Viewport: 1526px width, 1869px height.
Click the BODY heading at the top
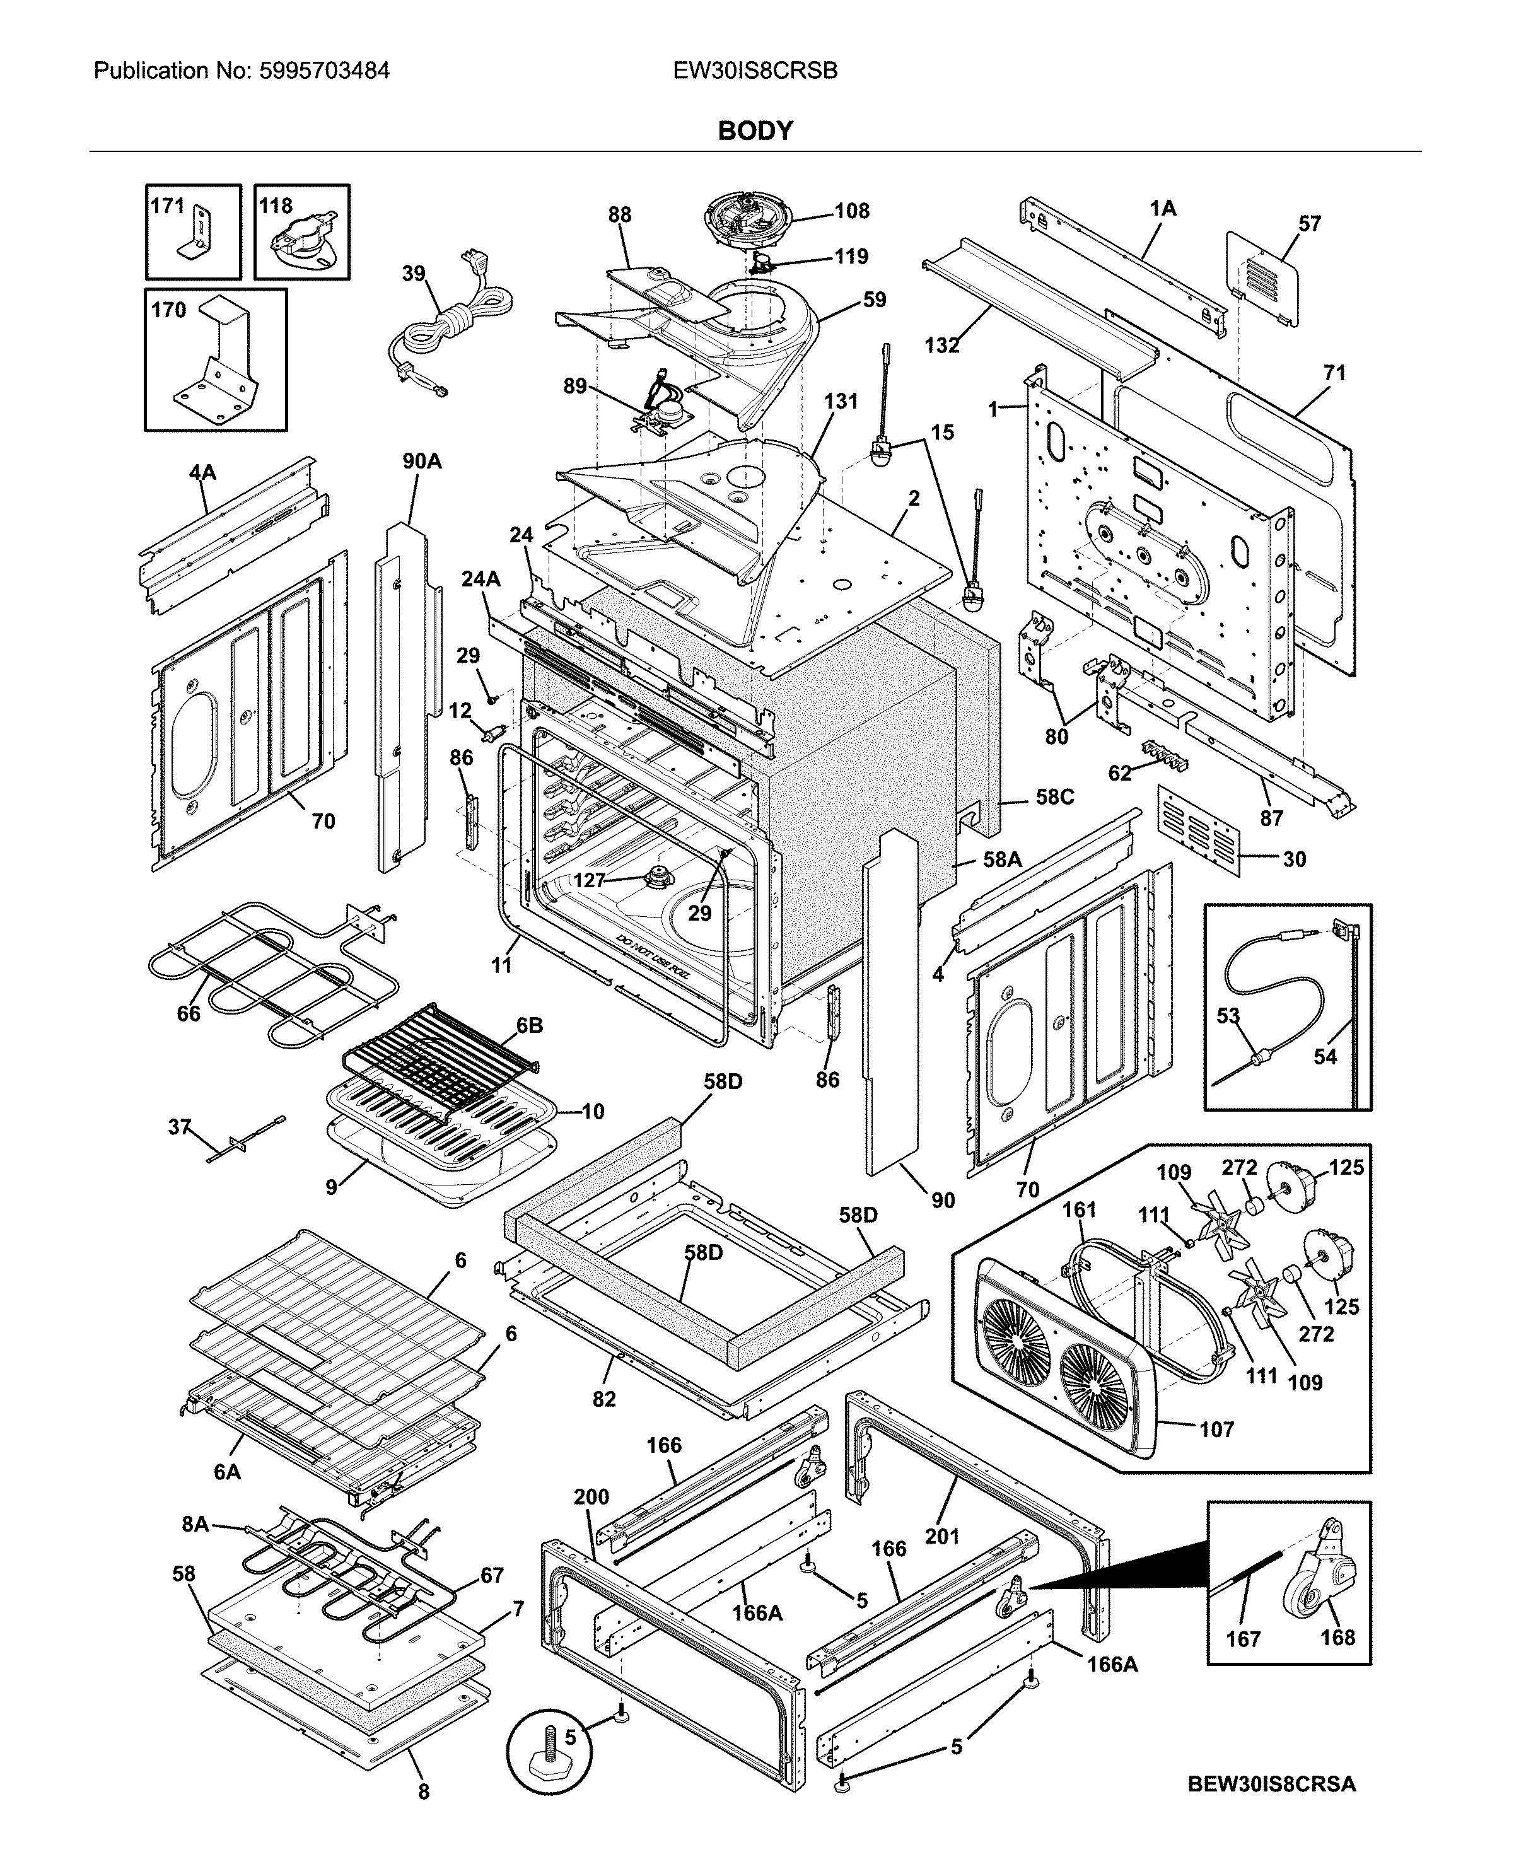(755, 131)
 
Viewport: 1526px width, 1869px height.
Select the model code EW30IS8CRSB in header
(755, 71)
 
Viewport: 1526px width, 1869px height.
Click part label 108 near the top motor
(851, 211)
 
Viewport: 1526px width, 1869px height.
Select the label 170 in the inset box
(168, 310)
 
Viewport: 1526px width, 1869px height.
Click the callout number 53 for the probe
(1227, 1015)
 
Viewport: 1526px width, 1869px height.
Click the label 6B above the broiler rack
(529, 1025)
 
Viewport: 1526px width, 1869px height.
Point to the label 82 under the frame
(604, 1399)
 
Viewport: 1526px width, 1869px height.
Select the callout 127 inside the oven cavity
(589, 880)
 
